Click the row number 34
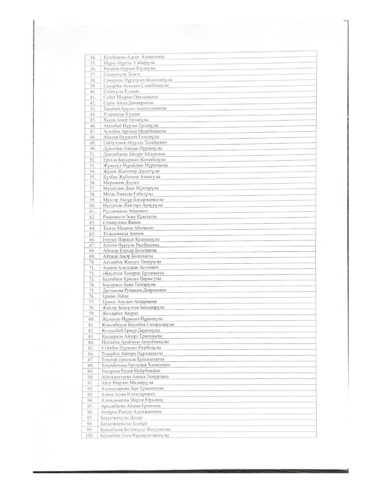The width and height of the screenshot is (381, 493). click(92, 57)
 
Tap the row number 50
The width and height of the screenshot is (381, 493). click(92, 148)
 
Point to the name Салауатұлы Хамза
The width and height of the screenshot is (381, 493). click(122, 74)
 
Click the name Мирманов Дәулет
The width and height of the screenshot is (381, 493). click(121, 183)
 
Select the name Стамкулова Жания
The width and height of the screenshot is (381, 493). click(122, 222)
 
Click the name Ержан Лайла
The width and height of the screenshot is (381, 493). click(115, 296)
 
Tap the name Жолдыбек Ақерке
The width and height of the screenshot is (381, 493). click(120, 313)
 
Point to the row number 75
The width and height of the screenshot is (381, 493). click(92, 290)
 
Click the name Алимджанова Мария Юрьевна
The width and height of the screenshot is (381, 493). click(132, 400)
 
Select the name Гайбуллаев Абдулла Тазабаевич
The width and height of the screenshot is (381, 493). click(135, 143)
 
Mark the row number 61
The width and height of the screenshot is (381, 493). click(92, 211)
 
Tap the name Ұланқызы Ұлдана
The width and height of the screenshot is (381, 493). click(122, 114)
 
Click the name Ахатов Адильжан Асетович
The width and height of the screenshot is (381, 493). click(130, 267)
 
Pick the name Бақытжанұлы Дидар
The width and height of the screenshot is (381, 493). click(122, 417)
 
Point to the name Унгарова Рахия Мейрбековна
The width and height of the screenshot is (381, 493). click(131, 371)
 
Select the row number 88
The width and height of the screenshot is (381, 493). click(91, 365)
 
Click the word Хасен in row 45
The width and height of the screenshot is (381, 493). click(109, 120)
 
